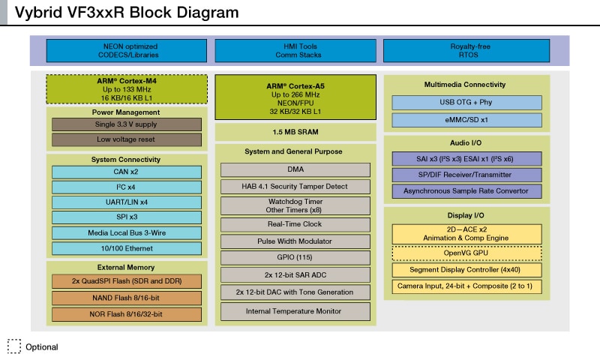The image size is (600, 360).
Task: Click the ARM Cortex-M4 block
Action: (126, 88)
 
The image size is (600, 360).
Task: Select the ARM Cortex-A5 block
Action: (295, 96)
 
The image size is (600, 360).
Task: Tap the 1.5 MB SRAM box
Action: (295, 132)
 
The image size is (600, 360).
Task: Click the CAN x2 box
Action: (126, 172)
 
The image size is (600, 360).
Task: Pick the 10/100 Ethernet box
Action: (126, 248)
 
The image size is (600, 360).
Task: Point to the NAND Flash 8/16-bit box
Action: (126, 298)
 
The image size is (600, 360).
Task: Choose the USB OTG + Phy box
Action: (466, 102)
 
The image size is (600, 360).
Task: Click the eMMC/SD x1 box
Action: (466, 120)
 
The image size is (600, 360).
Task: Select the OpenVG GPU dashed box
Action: (466, 253)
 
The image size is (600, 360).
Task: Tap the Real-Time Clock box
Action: (295, 224)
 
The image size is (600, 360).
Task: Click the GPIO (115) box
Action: (295, 258)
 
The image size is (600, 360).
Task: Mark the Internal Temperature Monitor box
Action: (295, 310)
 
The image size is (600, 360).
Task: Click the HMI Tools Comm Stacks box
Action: (295, 51)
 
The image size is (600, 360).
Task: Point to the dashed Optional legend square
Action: (14, 346)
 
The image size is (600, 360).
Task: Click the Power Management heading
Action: (126, 112)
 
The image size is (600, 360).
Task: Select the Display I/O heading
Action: (466, 215)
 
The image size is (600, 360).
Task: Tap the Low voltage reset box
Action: (126, 139)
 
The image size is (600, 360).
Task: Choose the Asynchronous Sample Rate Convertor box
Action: (466, 191)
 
